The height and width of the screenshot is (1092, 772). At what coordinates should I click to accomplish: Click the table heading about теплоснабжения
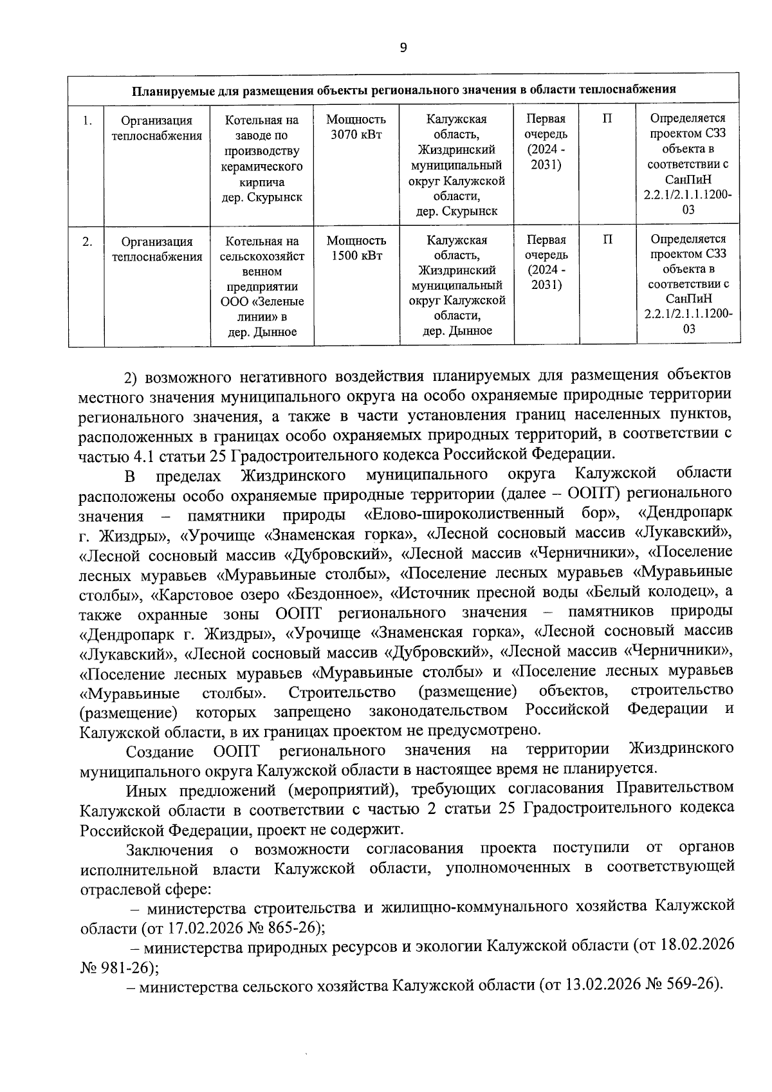[403, 89]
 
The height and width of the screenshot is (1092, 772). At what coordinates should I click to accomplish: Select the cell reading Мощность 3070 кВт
[356, 127]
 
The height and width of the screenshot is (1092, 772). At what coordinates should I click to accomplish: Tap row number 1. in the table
[87, 120]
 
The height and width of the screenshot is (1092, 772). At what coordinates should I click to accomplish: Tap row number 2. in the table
[87, 242]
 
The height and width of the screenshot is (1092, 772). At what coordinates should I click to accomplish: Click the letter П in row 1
[607, 119]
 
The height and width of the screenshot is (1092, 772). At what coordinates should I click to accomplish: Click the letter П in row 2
[607, 241]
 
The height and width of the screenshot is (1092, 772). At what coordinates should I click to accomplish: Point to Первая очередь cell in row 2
[546, 262]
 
